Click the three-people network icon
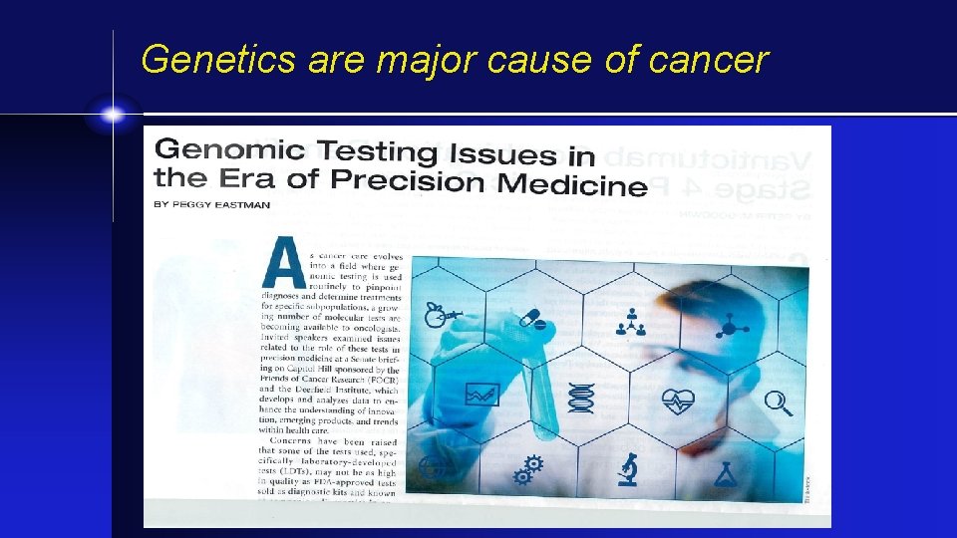(631, 321)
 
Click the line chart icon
(481, 395)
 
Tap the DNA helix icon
(580, 397)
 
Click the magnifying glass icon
(778, 402)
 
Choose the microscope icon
(628, 467)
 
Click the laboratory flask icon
(728, 473)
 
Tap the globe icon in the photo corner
(431, 468)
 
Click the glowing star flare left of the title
(113, 116)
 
